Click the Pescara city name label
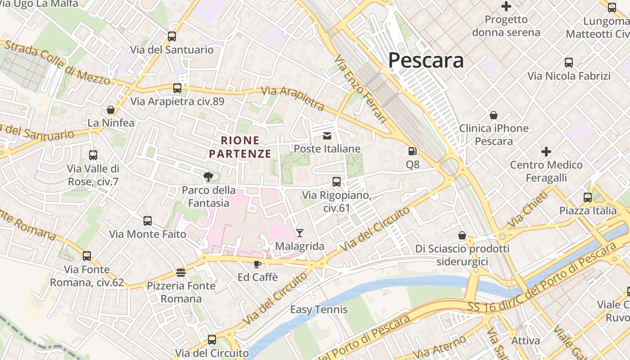pos(426,60)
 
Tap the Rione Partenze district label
pos(240,147)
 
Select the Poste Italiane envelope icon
pos(327,135)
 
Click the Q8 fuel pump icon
pos(412,152)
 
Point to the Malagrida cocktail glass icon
pos(300,233)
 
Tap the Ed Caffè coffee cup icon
pos(257,264)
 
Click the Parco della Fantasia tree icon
pos(208,177)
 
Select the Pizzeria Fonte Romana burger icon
pos(181,272)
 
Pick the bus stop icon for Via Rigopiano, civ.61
pos(337,182)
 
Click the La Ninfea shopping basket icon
pos(111,110)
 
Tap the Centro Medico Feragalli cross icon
pos(546,152)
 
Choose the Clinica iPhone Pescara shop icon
pos(494,115)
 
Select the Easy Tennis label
pos(319,310)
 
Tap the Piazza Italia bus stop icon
pos(588,197)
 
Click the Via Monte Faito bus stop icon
pos(148,221)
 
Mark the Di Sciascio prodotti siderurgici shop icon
pos(462,235)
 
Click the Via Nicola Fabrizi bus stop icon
pos(569,63)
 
